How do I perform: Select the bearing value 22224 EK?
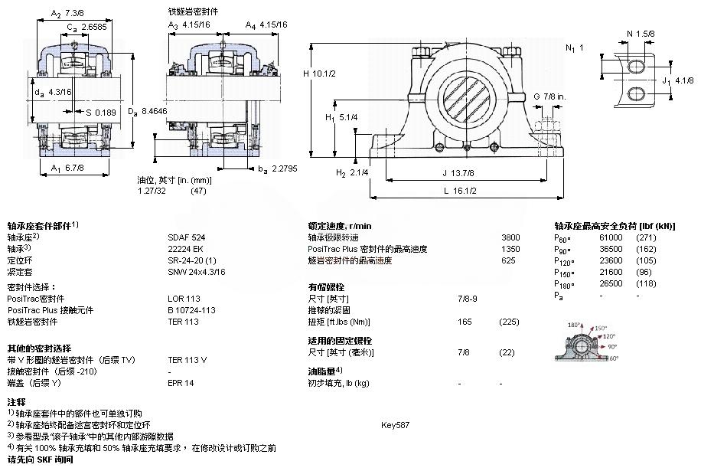[184, 249]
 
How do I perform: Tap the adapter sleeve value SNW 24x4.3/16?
[197, 272]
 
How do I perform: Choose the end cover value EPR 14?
[181, 383]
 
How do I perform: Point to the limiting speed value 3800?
[510, 237]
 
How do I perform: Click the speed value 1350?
[510, 249]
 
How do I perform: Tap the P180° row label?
[564, 283]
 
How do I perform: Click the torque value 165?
[464, 322]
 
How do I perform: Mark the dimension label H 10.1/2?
[321, 74]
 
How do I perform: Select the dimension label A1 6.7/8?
[67, 168]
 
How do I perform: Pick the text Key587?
[395, 425]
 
